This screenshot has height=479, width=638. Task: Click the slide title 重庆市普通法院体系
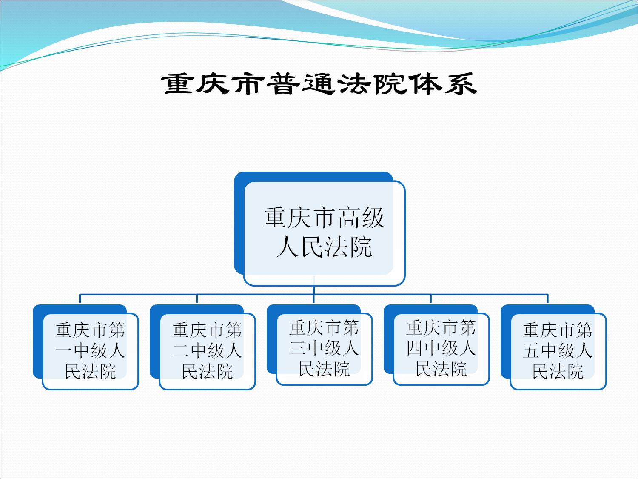click(319, 84)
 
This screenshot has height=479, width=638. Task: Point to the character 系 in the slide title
click(461, 84)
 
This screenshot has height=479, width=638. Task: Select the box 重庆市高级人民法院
click(319, 229)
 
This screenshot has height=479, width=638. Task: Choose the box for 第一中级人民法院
click(86, 347)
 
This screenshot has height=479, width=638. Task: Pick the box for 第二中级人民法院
click(202, 347)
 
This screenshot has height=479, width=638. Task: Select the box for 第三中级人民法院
click(319, 345)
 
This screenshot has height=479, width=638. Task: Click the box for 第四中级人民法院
click(436, 345)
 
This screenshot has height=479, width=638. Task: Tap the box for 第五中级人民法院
click(553, 347)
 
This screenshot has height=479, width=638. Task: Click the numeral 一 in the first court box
click(64, 350)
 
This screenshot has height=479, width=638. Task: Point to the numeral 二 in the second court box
click(181, 350)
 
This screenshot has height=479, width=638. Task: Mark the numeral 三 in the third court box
click(298, 348)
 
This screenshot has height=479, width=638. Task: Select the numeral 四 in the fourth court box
click(415, 348)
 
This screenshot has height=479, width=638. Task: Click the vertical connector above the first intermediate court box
click(80, 299)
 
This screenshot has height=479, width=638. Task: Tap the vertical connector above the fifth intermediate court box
click(547, 299)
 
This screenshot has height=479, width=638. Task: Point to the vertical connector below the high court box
click(313, 290)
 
